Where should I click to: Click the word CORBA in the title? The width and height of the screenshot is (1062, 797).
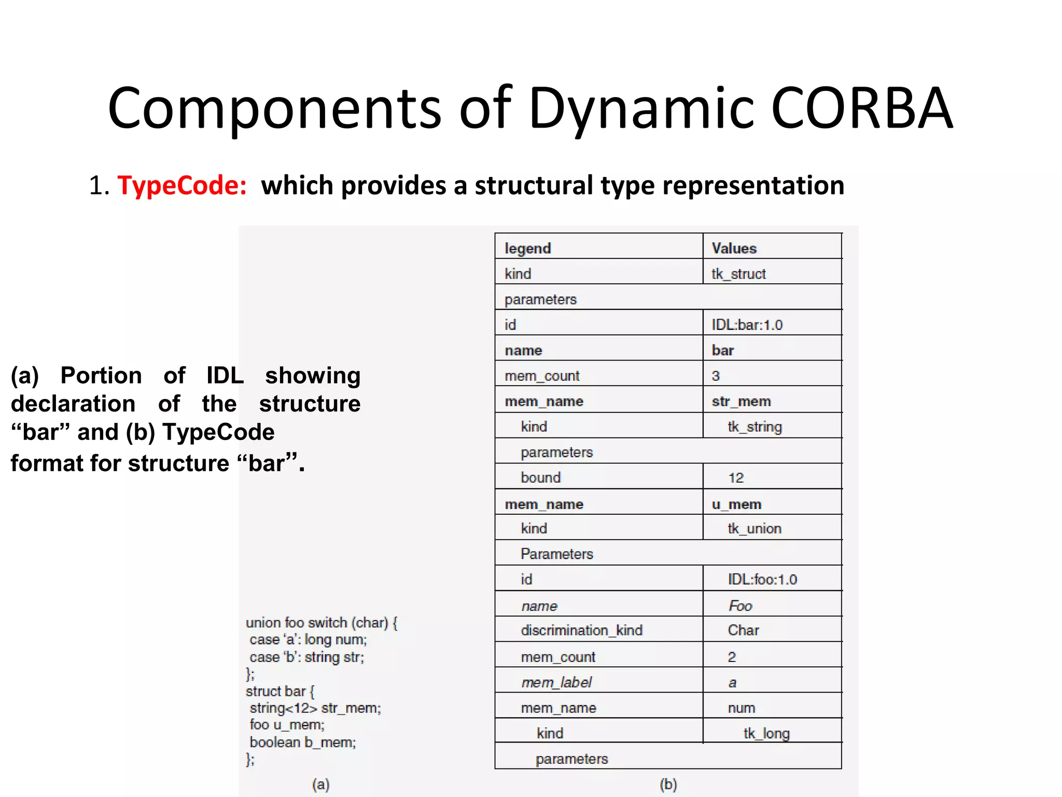pyautogui.click(x=861, y=108)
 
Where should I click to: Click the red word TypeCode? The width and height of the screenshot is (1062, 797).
pyautogui.click(x=182, y=185)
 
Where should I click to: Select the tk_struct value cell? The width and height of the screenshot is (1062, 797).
pyautogui.click(x=738, y=273)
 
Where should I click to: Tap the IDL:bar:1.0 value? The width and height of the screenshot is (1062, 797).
pyautogui.click(x=747, y=325)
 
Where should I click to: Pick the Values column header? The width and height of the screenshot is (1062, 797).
pyautogui.click(x=734, y=248)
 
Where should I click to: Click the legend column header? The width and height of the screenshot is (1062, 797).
pyautogui.click(x=527, y=248)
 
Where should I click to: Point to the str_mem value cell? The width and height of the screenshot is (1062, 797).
pyautogui.click(x=741, y=401)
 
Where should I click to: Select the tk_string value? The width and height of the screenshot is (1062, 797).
pyautogui.click(x=754, y=427)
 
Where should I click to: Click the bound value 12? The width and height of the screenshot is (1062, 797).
pyautogui.click(x=736, y=477)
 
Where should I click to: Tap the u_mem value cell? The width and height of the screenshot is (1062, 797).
pyautogui.click(x=736, y=504)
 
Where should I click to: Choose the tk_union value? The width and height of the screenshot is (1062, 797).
pyautogui.click(x=754, y=528)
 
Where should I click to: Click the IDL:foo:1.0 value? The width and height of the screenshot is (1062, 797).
pyautogui.click(x=762, y=579)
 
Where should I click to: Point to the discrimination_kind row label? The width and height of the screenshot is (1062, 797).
pyautogui.click(x=581, y=630)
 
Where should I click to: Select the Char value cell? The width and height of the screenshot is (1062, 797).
pyautogui.click(x=743, y=630)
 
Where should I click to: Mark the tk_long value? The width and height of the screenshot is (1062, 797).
pyautogui.click(x=766, y=733)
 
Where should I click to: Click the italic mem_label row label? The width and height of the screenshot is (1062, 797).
pyautogui.click(x=556, y=682)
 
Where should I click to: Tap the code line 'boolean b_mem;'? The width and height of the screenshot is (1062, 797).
pyautogui.click(x=302, y=742)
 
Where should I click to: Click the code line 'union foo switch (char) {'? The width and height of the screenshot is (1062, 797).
pyautogui.click(x=322, y=622)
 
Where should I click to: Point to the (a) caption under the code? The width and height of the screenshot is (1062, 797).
pyautogui.click(x=321, y=784)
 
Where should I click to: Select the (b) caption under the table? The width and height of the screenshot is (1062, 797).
pyautogui.click(x=668, y=784)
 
